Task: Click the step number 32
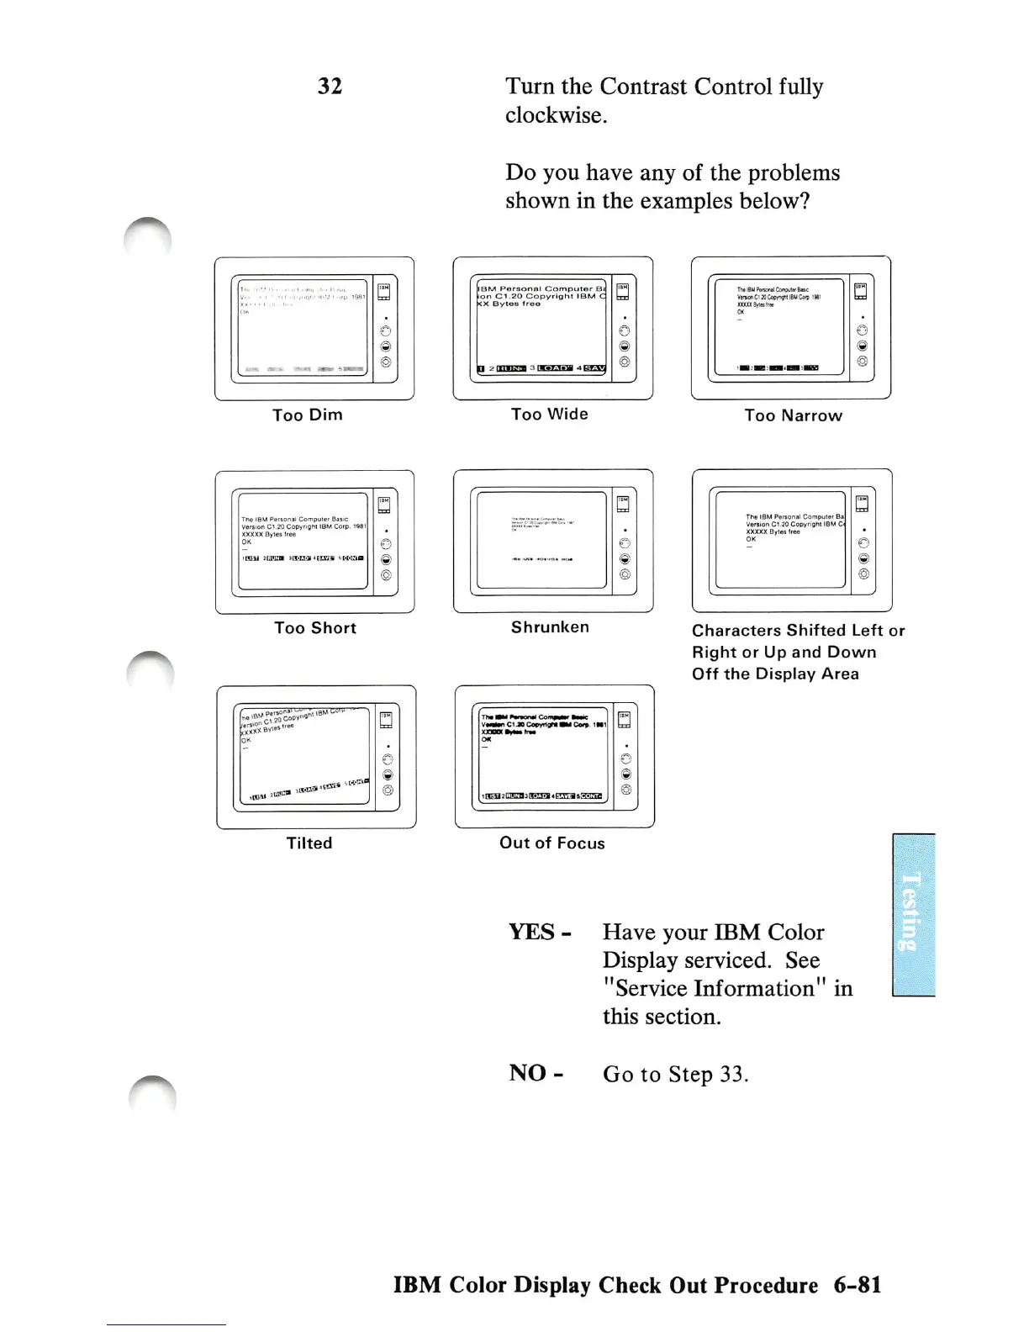coord(330,87)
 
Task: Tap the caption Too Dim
coord(308,415)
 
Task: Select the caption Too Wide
coord(550,414)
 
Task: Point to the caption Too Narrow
coord(793,415)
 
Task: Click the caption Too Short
coord(315,628)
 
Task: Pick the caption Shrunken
coord(550,627)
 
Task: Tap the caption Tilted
coord(309,843)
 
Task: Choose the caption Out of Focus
coord(552,843)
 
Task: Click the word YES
coord(532,933)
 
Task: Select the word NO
coord(528,1074)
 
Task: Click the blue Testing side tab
coord(913,914)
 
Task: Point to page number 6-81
coord(857,1286)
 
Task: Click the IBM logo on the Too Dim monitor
coord(383,288)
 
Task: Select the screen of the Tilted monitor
coord(303,754)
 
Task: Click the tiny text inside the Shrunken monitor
coord(542,524)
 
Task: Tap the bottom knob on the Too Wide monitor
coord(624,362)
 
